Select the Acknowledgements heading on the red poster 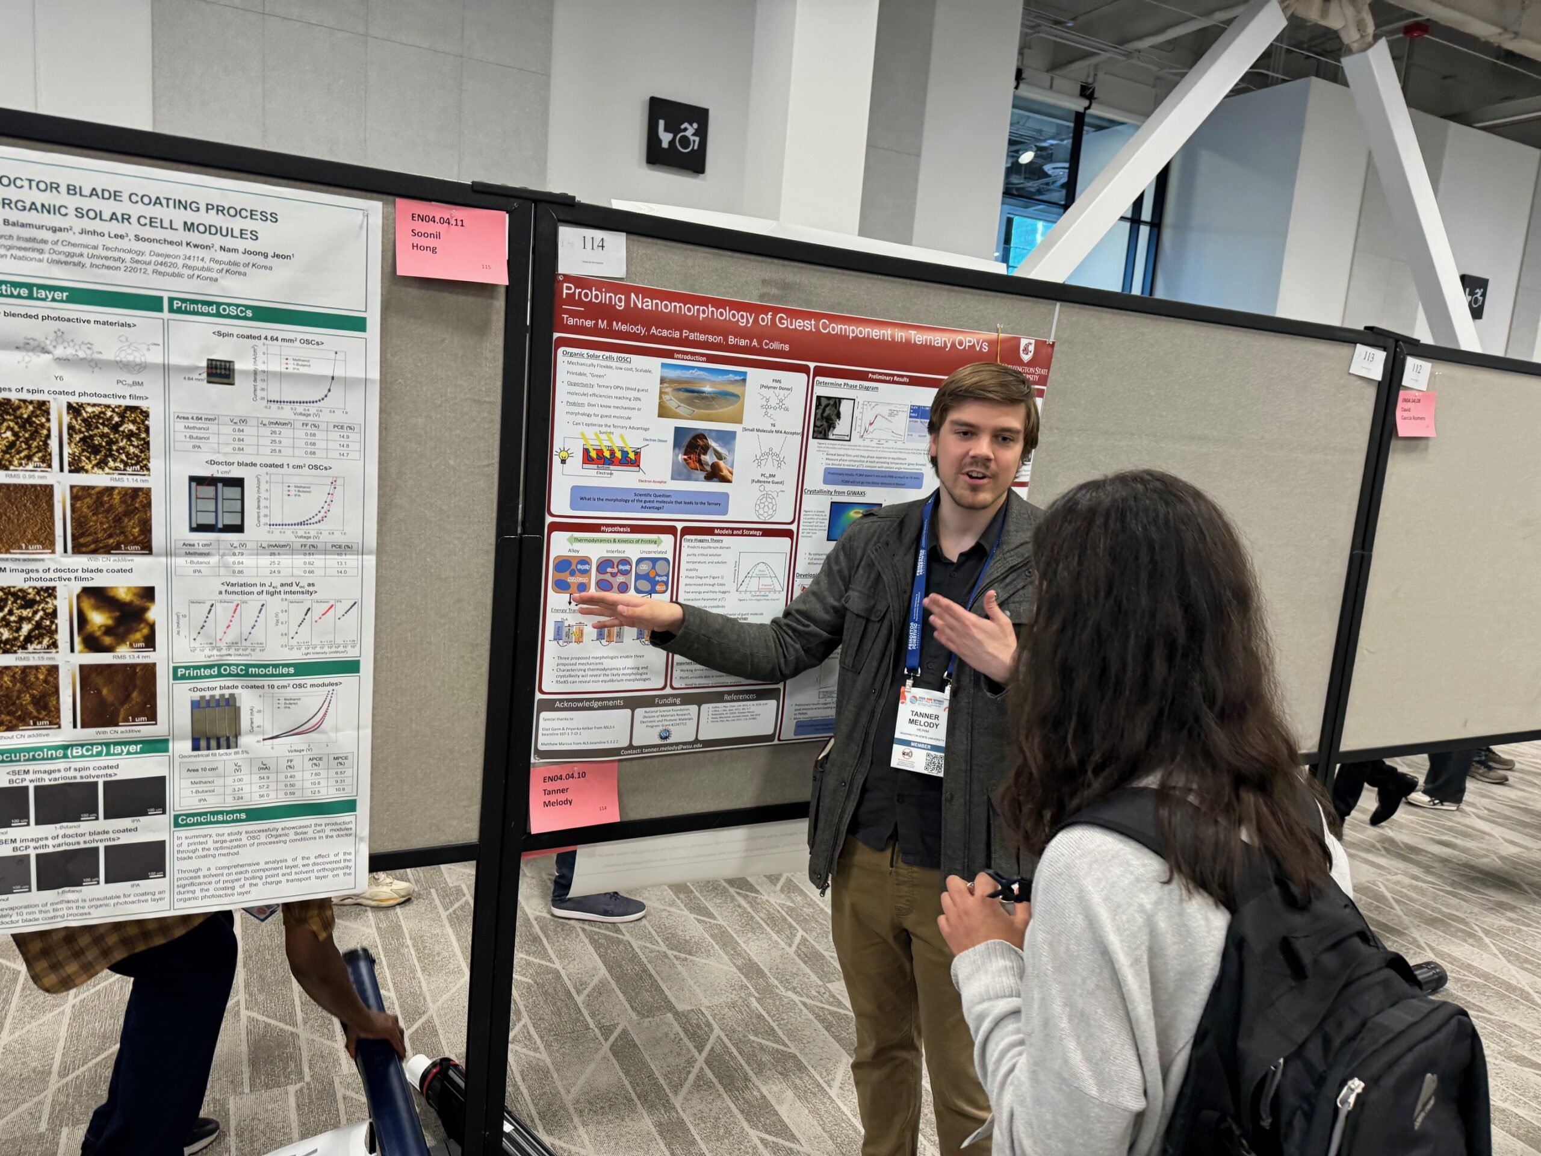[588, 703]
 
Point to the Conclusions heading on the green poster [211, 816]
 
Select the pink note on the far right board [1416, 414]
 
